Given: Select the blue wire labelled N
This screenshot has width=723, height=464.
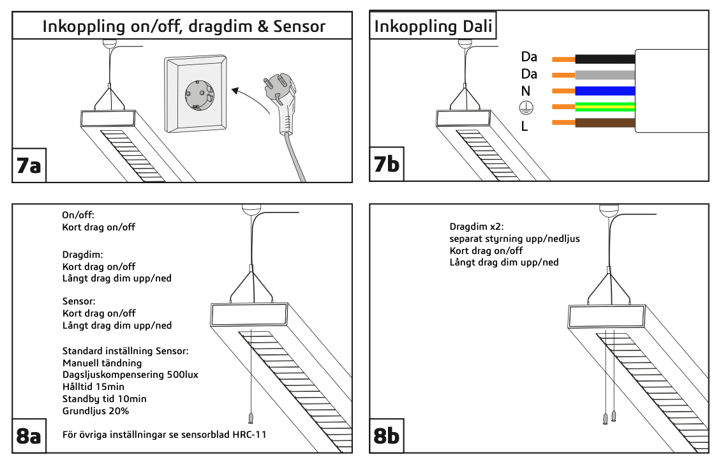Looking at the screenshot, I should (604, 91).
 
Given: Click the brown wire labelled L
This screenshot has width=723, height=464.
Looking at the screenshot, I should (604, 123).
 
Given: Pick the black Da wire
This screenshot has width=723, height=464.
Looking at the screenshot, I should (604, 59).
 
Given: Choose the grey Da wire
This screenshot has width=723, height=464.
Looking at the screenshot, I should (604, 75).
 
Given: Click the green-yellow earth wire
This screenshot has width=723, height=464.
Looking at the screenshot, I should (604, 107).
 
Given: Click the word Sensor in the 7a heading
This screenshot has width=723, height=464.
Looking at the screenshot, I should (298, 27).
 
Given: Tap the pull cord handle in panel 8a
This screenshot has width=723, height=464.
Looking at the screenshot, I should (249, 417).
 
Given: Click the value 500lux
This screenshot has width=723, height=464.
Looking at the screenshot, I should (181, 375).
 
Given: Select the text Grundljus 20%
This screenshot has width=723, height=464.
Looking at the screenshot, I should (96, 410).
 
